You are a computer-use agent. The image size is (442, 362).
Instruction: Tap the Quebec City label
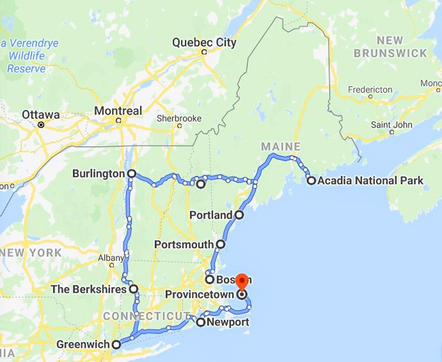[204, 42]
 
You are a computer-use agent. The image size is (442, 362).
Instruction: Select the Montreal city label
[118, 111]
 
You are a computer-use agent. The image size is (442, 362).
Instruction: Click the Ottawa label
[40, 115]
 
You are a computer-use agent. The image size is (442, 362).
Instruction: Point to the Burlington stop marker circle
[131, 174]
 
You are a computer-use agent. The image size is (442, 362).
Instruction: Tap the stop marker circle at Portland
[239, 214]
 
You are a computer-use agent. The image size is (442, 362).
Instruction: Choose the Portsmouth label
[184, 244]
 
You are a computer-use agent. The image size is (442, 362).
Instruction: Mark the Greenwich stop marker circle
[116, 345]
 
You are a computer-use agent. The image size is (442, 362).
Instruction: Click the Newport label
[227, 322]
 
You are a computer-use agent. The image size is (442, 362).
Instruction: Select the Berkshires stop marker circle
[133, 288]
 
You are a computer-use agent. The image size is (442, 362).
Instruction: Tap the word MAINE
[281, 146]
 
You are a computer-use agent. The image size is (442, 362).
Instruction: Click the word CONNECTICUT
[143, 316]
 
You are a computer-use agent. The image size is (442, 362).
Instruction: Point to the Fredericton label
[370, 90]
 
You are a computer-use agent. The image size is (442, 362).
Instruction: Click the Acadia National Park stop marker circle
[311, 180]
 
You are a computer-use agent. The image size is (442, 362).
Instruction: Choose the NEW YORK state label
[31, 253]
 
